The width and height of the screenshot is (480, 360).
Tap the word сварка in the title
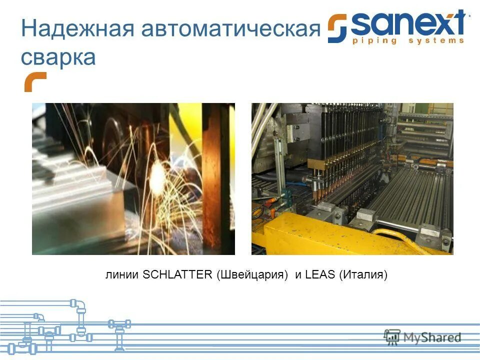coord(58,57)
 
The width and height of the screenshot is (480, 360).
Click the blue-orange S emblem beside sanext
coord(338,28)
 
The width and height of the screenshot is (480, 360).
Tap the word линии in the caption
coord(123,274)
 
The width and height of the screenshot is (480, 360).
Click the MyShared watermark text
coord(433,337)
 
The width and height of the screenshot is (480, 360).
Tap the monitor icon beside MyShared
coord(392,336)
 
